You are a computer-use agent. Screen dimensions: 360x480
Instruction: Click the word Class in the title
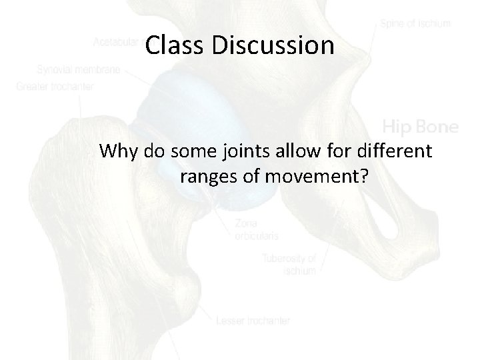(x=171, y=45)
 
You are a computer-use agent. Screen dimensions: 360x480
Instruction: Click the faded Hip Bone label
(x=419, y=125)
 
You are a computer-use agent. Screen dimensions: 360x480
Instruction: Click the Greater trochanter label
(x=56, y=85)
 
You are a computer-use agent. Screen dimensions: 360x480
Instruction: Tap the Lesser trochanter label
(x=253, y=321)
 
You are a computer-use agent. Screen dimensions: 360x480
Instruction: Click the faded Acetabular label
(x=117, y=43)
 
